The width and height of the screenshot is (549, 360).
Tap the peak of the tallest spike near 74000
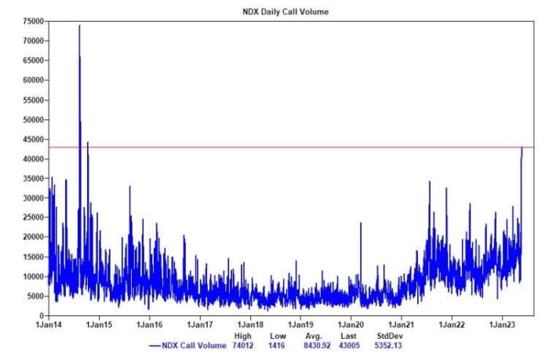(79, 25)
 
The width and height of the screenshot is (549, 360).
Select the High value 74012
(242, 345)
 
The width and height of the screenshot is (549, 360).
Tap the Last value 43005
(349, 345)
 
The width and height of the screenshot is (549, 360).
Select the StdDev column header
(389, 336)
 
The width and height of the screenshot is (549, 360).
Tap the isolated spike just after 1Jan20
(361, 224)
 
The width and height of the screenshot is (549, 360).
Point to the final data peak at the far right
(522, 147)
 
